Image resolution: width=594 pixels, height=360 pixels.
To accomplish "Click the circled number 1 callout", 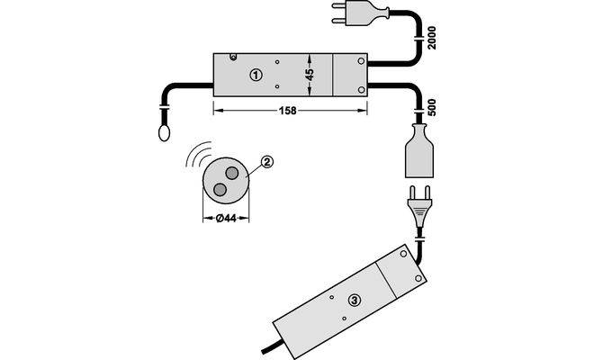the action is [x=256, y=75].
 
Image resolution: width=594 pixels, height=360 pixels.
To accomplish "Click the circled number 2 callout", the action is [x=266, y=162].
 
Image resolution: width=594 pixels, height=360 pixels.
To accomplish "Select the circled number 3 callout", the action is [x=355, y=301].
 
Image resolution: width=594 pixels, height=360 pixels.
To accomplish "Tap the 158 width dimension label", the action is [x=287, y=111].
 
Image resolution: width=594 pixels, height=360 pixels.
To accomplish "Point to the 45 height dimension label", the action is [x=310, y=75].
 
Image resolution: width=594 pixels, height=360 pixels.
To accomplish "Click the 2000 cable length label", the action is [x=431, y=38].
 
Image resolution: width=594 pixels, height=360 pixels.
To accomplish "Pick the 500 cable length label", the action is [x=431, y=107].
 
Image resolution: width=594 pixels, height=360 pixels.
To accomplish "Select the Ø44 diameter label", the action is [x=226, y=219].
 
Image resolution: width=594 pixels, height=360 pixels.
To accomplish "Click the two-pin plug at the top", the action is [x=361, y=14].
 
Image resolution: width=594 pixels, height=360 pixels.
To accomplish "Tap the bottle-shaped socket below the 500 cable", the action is [x=419, y=151].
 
